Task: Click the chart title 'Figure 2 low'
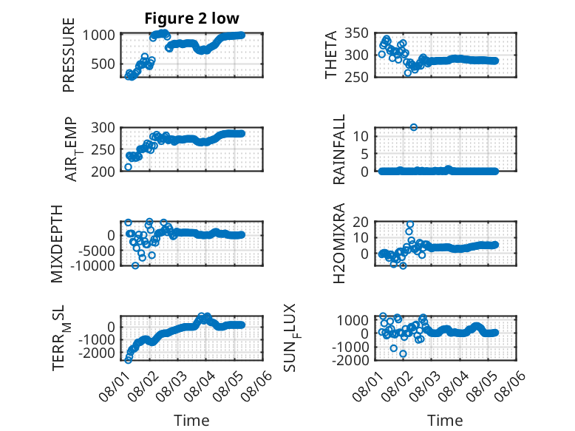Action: click(x=191, y=18)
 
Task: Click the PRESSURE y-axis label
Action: click(x=69, y=55)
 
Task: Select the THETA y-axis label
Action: click(x=331, y=55)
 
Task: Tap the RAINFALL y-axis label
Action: click(x=339, y=149)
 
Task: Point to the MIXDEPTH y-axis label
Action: click(x=58, y=243)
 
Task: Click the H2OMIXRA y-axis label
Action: click(x=339, y=243)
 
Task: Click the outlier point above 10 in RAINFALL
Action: click(x=414, y=127)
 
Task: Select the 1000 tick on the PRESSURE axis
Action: click(x=99, y=35)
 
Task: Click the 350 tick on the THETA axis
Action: click(x=356, y=33)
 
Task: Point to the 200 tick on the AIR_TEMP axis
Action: click(x=103, y=172)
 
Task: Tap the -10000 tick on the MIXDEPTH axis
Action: click(x=92, y=265)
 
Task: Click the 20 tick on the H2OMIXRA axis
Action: click(x=361, y=222)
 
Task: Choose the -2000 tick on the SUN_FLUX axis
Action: click(x=350, y=360)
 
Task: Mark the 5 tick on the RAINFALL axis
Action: click(x=365, y=154)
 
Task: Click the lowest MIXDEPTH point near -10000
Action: click(x=135, y=265)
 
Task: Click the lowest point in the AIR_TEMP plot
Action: click(x=128, y=167)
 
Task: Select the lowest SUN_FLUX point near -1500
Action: click(x=403, y=353)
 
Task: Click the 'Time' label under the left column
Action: click(x=191, y=421)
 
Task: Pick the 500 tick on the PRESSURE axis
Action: click(x=103, y=64)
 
